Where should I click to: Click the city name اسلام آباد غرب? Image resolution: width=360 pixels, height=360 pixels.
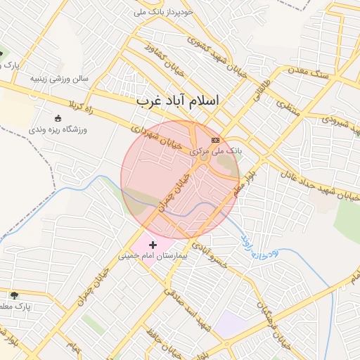pos(178,101)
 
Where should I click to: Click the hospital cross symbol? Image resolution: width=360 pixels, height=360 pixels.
pos(153,245)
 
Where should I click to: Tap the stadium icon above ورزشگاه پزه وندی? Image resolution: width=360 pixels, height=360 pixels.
pos(58,118)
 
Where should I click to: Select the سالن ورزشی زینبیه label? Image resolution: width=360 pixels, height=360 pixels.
pos(59,79)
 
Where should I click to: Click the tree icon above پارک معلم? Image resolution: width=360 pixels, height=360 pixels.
pos(14,295)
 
